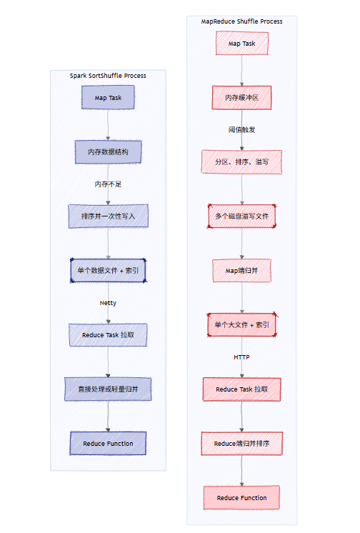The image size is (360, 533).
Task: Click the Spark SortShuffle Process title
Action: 108,76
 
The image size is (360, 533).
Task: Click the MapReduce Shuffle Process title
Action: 241,21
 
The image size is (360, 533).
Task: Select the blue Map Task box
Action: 108,98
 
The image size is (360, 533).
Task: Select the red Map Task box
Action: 241,44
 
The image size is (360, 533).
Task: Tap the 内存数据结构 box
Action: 108,151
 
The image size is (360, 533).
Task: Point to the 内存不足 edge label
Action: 108,184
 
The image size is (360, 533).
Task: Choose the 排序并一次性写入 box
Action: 108,216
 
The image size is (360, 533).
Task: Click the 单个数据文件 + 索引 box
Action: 108,271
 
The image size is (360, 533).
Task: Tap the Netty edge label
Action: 108,303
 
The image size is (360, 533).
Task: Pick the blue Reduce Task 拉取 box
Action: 108,335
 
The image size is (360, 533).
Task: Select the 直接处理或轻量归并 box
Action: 108,389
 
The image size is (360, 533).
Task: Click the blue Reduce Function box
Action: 108,444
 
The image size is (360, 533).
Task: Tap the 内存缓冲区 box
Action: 241,97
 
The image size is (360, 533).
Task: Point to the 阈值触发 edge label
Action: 241,130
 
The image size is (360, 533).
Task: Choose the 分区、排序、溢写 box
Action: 241,162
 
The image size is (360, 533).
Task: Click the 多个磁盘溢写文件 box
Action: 241,216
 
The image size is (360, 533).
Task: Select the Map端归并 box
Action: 241,271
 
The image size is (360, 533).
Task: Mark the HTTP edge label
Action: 241,357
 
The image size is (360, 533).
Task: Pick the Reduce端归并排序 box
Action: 241,444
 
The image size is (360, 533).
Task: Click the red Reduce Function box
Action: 241,497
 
